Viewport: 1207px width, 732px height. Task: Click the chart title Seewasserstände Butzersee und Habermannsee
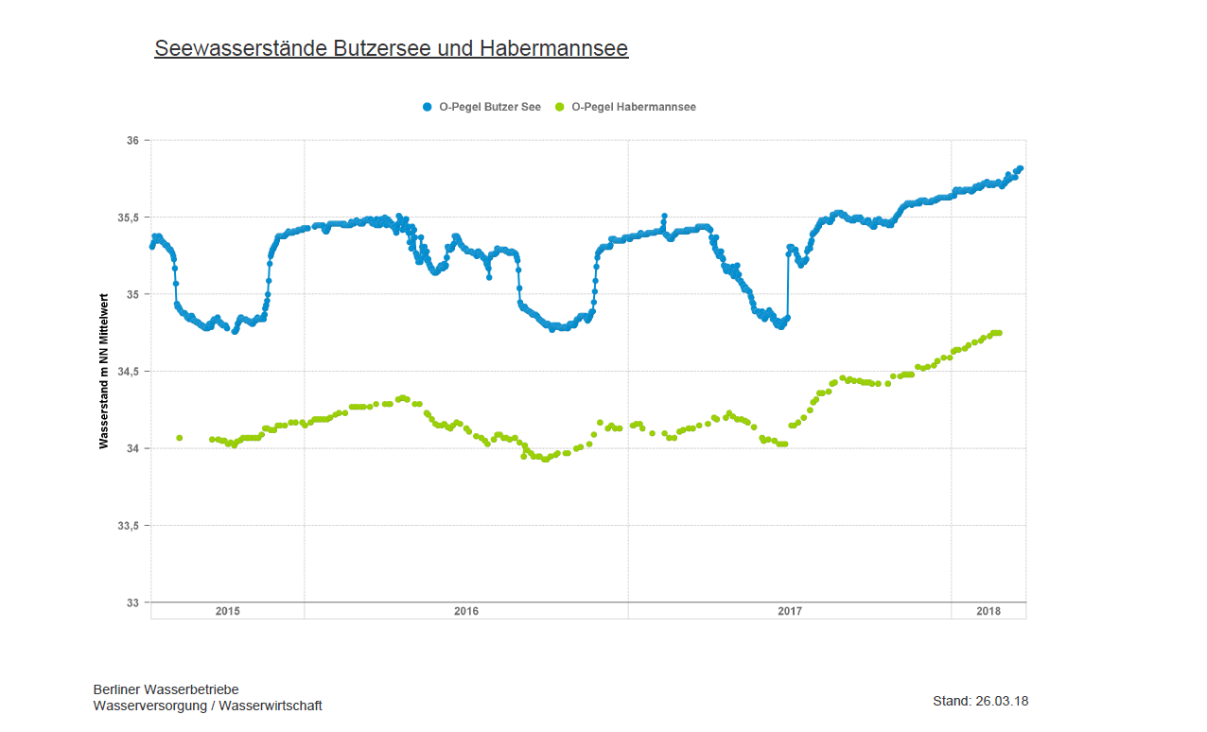pos(391,48)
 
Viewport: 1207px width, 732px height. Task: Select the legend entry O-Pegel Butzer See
pos(481,107)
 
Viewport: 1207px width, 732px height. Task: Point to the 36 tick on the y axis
pos(131,141)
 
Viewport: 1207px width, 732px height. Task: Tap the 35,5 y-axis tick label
pos(128,218)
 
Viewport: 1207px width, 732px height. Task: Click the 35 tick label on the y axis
pos(131,294)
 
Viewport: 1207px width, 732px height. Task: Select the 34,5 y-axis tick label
pos(128,372)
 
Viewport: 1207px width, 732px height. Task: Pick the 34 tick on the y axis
pos(131,448)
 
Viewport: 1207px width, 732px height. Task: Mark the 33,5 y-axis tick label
pos(128,526)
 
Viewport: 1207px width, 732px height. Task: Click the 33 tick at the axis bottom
pos(131,602)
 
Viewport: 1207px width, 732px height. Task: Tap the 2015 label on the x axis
pos(227,611)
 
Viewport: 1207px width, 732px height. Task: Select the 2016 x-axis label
pos(466,611)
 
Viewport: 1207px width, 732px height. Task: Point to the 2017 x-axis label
pos(790,611)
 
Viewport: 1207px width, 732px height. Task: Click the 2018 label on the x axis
pos(988,611)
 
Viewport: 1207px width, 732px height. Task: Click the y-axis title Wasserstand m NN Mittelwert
pos(104,371)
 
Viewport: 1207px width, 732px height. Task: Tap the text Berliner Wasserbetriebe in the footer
pos(166,689)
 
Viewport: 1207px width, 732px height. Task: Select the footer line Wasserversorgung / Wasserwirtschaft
pos(207,706)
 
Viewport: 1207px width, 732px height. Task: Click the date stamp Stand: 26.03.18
pos(980,701)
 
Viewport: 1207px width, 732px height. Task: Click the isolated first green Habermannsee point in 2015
pos(180,438)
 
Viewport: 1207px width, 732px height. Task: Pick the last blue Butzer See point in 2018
pos(1021,168)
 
